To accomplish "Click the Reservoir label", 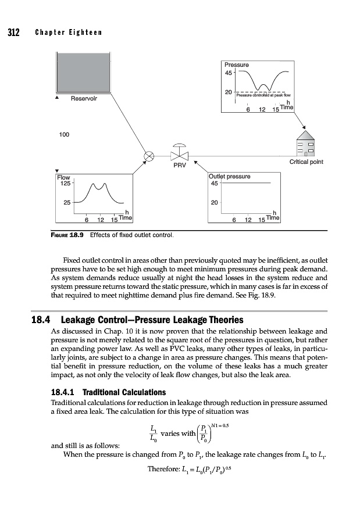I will point(84,98).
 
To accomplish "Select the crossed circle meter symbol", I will point(149,156).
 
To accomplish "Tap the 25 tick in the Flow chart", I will point(66,203).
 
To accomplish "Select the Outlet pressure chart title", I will point(229,176).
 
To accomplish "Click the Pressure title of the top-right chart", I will point(237,65).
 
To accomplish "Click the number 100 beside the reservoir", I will point(65,134).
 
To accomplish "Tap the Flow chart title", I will point(63,177).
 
